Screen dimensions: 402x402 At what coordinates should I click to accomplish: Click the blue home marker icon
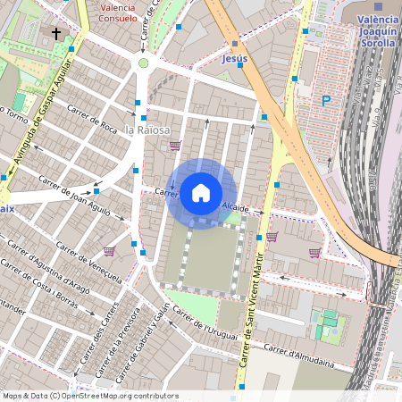point(201,193)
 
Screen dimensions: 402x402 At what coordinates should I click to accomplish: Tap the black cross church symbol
point(57,34)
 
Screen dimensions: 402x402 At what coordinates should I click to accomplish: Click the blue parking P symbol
point(326,101)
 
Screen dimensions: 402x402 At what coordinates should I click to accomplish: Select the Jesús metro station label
point(234,59)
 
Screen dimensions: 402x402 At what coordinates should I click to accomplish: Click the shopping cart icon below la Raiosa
point(175,146)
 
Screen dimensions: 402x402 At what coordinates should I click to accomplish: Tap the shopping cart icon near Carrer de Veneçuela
point(109,252)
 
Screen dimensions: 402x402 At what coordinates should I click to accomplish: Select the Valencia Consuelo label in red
point(119,12)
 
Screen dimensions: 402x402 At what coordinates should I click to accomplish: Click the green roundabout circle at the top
point(143,63)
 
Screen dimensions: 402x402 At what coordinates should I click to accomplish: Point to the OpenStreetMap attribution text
point(89,396)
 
